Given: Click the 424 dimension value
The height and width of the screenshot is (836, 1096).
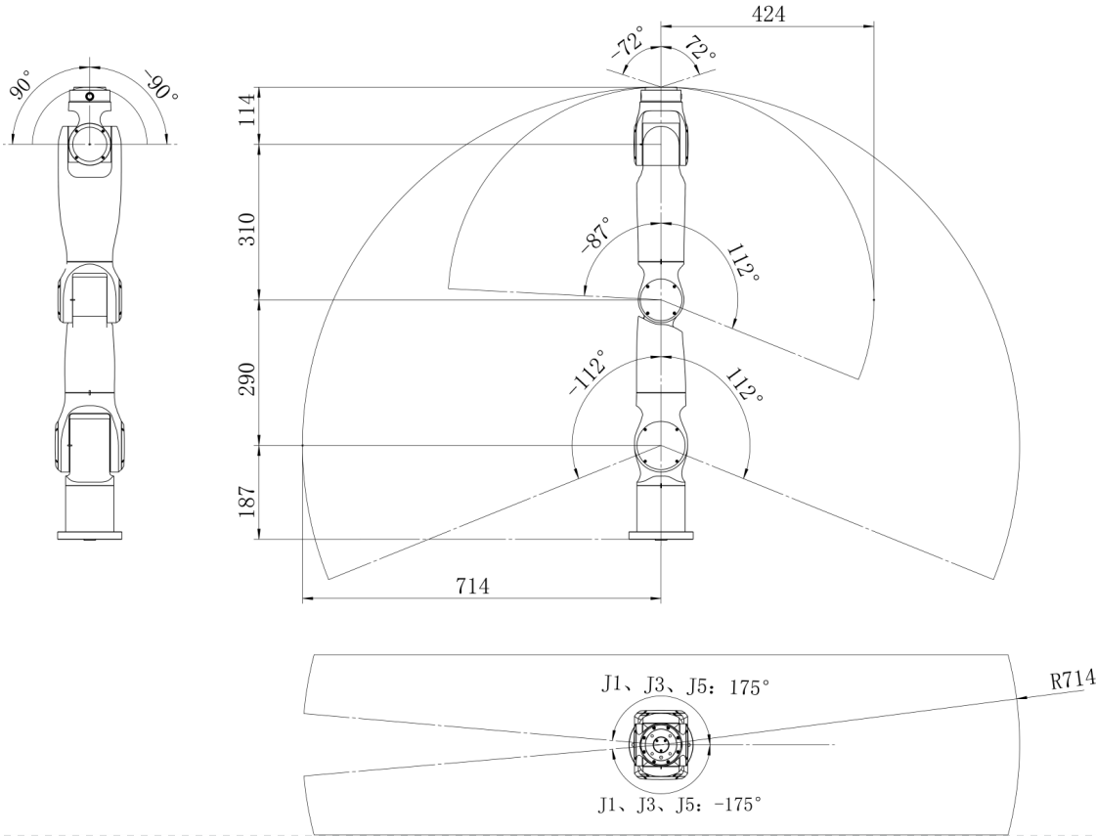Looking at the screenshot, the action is coord(768,14).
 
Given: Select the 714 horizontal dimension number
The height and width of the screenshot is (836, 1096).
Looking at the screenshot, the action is coord(472,586).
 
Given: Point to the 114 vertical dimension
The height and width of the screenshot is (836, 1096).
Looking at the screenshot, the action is coord(247,110).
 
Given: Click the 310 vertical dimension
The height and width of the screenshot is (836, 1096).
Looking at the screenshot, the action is coord(247,229).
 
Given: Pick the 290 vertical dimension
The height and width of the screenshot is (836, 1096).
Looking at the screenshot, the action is coord(247,378).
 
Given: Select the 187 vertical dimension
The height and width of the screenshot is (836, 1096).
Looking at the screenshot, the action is coord(247,502).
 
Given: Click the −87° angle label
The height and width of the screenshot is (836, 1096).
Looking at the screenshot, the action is coord(595,234).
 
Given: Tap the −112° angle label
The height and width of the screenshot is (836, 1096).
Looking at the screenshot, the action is coord(588,373).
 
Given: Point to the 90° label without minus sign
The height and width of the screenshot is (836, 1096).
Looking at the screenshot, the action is coord(21,84).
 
